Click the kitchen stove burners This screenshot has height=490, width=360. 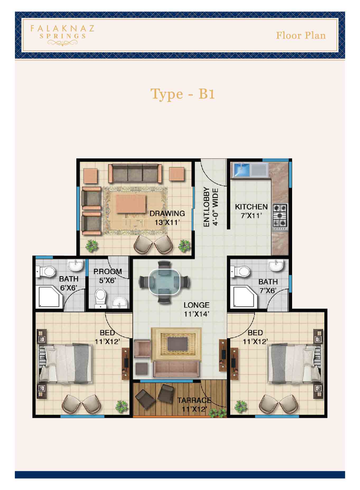pyautogui.click(x=280, y=215)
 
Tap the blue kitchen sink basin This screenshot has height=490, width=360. pyautogui.click(x=241, y=169)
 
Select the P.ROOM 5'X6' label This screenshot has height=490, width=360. pyautogui.click(x=107, y=276)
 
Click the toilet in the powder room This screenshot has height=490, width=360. pyautogui.click(x=100, y=298)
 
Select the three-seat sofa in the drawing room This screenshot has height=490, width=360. pyautogui.click(x=135, y=173)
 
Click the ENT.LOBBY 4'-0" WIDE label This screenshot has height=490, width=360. pyautogui.click(x=211, y=207)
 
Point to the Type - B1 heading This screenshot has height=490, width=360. pyautogui.click(x=182, y=94)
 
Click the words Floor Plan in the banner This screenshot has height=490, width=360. pyautogui.click(x=301, y=36)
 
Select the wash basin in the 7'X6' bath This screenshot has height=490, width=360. pyautogui.click(x=276, y=265)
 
